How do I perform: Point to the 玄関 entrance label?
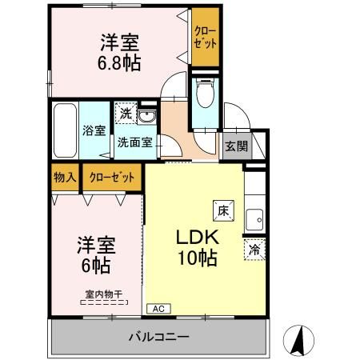coord(235,146)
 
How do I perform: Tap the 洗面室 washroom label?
coord(135,144)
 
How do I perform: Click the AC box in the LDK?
coord(158,307)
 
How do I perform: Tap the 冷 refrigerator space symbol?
coord(254,248)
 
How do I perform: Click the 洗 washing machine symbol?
coord(124,114)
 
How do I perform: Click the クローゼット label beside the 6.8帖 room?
coord(206,37)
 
